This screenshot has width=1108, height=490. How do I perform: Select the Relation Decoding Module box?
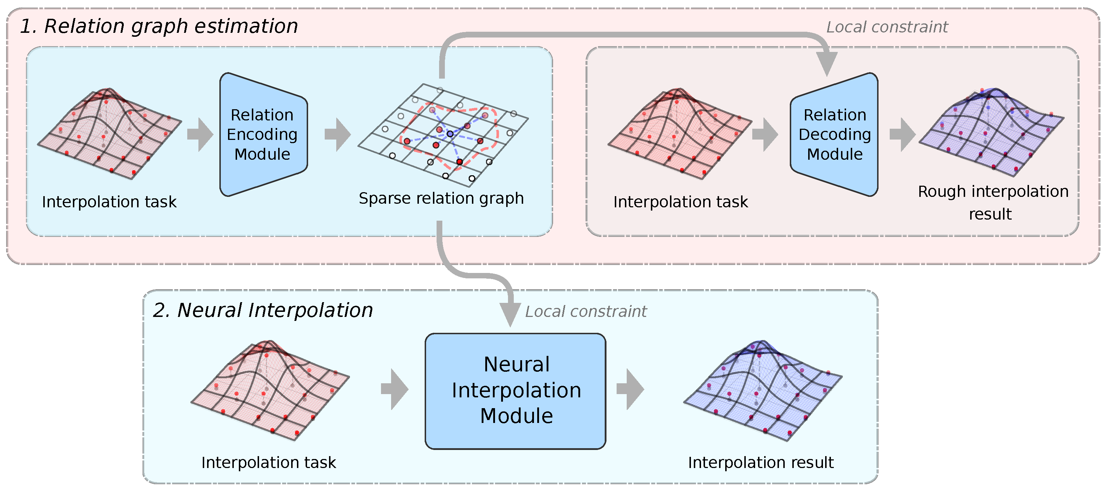click(x=835, y=134)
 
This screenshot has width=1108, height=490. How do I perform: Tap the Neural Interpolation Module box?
click(x=515, y=391)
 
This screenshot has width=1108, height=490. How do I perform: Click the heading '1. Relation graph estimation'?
click(x=159, y=26)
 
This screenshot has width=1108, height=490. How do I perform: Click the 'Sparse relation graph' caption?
click(x=441, y=199)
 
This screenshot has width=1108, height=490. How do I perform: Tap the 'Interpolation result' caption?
click(x=760, y=463)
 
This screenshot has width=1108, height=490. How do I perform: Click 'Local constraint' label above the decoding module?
click(x=886, y=27)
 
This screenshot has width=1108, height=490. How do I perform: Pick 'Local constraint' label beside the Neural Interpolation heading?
click(x=586, y=312)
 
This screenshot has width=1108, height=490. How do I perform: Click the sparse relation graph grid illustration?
click(x=443, y=136)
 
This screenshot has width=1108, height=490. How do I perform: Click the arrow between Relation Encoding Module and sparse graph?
click(x=338, y=134)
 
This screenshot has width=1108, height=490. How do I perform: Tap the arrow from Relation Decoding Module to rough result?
click(x=902, y=134)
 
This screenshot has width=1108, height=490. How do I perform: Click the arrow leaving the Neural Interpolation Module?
click(x=630, y=389)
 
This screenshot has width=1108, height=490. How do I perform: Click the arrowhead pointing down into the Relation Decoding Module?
click(x=827, y=63)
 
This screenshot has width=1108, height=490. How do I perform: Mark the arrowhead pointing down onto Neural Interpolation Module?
click(x=510, y=314)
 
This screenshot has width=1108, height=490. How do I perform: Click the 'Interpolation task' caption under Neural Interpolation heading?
click(x=268, y=463)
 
